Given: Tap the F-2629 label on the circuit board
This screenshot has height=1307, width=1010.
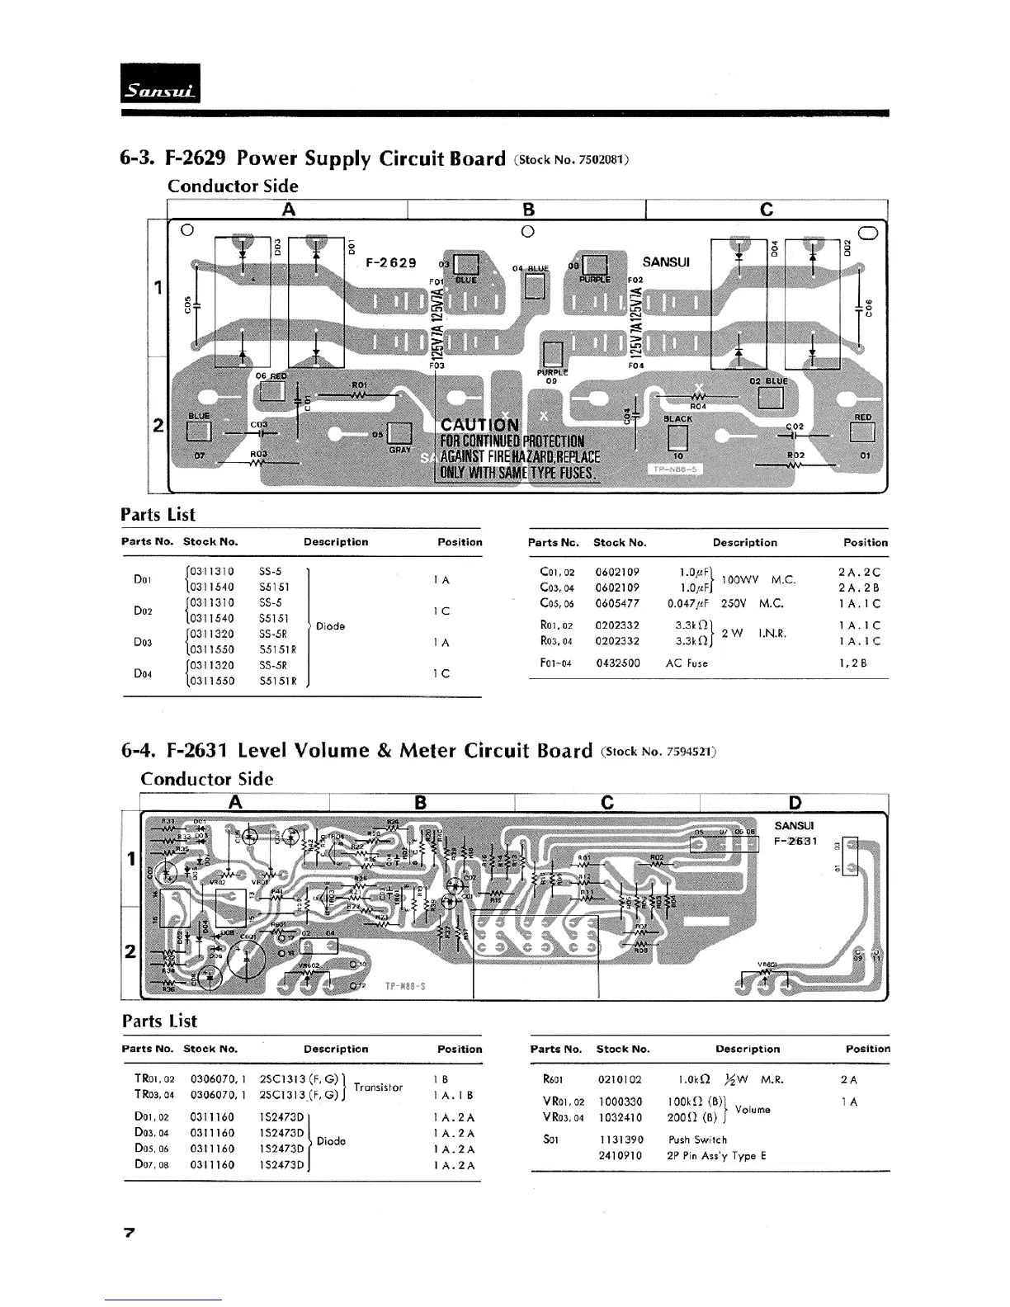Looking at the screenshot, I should (x=391, y=263).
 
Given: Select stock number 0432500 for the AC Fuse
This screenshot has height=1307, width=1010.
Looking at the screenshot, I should (x=617, y=663).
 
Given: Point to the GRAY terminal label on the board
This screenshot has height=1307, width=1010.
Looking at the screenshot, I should (x=400, y=450).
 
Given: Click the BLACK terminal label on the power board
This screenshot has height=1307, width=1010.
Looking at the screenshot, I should (x=677, y=419).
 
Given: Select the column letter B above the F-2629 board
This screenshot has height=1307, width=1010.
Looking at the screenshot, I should (x=529, y=209).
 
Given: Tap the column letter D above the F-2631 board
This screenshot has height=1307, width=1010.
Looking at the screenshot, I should (x=795, y=803).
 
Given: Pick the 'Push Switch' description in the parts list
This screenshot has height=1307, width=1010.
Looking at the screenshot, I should (x=697, y=1139).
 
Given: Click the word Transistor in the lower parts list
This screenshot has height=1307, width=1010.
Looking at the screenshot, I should (x=378, y=1088).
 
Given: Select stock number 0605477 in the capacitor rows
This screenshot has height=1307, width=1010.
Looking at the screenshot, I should (x=617, y=603).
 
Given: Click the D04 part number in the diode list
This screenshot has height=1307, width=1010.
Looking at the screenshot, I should (x=143, y=673).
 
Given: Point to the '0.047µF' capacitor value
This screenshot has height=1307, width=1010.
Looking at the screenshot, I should (x=683, y=603).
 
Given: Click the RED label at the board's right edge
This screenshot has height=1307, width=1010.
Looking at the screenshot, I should (x=863, y=418).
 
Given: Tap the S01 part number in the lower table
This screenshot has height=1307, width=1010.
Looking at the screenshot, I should (x=551, y=1139).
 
